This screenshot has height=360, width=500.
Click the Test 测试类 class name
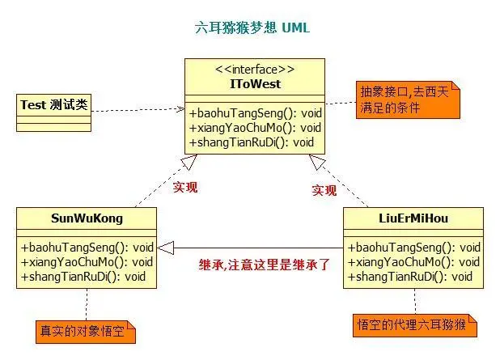pos(52,104)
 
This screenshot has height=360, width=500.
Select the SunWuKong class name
pos(86,218)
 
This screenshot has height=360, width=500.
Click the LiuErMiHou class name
pos(413,218)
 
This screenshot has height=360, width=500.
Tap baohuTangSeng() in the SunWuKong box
pos(87,248)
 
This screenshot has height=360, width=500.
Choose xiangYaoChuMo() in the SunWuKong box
pos(87,261)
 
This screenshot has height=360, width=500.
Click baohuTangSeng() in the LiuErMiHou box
pos(414,248)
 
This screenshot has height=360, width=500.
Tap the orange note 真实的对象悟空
pos(84,331)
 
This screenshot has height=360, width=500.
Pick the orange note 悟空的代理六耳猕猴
pos(414,325)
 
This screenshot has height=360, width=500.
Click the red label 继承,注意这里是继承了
pos(264,264)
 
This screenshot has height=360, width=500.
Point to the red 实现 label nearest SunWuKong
pos(184,187)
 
